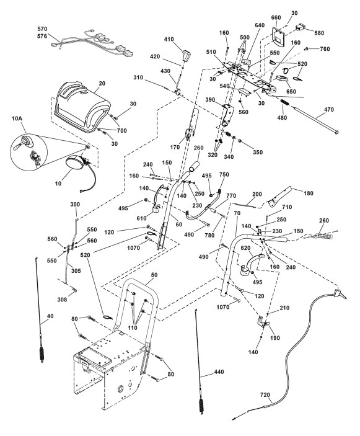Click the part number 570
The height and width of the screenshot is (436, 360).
(43, 29)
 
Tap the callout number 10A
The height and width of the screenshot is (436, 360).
(17, 118)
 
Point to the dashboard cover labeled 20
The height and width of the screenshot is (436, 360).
(82, 107)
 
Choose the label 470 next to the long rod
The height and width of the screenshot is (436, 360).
(329, 110)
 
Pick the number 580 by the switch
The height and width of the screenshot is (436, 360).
(319, 33)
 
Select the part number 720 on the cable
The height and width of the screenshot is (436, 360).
(265, 394)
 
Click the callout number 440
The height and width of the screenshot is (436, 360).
(219, 371)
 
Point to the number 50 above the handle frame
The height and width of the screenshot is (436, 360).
(154, 275)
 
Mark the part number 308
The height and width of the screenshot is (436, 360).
(62, 299)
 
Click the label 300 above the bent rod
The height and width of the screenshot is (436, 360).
(75, 205)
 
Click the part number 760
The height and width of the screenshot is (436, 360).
(325, 49)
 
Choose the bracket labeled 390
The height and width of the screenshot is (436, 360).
(227, 115)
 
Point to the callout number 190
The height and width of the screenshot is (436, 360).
(275, 338)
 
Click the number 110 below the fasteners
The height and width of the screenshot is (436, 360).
(133, 327)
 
